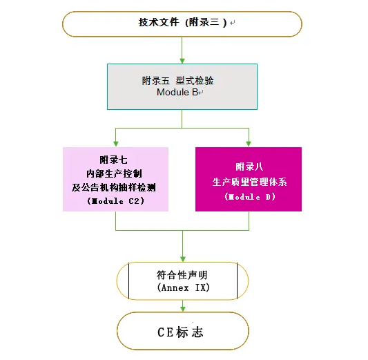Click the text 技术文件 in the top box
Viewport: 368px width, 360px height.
click(x=158, y=23)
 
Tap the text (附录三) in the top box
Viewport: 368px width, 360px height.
click(x=206, y=23)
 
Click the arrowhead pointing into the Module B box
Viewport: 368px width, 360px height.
click(x=182, y=61)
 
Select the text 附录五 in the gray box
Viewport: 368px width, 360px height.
click(x=155, y=81)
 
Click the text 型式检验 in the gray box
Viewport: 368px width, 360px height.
click(x=195, y=81)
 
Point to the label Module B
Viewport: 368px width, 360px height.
click(x=177, y=93)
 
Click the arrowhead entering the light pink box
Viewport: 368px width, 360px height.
click(x=116, y=144)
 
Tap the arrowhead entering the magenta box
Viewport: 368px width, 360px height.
click(x=249, y=144)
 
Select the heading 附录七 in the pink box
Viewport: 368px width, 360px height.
click(x=114, y=160)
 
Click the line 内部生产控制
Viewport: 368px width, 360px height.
click(x=114, y=173)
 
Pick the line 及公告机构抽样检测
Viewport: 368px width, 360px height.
click(x=114, y=187)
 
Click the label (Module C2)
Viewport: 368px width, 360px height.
click(x=115, y=201)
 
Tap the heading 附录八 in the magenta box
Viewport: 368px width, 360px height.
click(x=249, y=167)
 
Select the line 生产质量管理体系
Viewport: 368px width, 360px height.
click(x=249, y=182)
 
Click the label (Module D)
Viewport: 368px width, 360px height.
click(x=250, y=197)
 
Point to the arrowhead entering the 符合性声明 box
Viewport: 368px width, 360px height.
click(x=183, y=259)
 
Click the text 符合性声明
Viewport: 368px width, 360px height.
click(x=182, y=275)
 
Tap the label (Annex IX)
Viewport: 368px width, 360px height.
click(x=183, y=287)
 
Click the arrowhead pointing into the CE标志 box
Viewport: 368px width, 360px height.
click(x=183, y=309)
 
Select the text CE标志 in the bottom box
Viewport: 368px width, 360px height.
click(x=180, y=332)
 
